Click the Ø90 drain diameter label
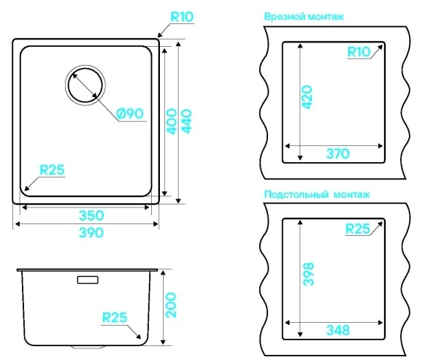130,113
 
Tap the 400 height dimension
172,121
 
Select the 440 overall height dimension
186,121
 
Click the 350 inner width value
91,215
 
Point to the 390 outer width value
91,233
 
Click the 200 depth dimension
171,305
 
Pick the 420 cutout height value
307,97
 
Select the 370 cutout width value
338,153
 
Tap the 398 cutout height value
308,274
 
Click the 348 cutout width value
338,330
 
